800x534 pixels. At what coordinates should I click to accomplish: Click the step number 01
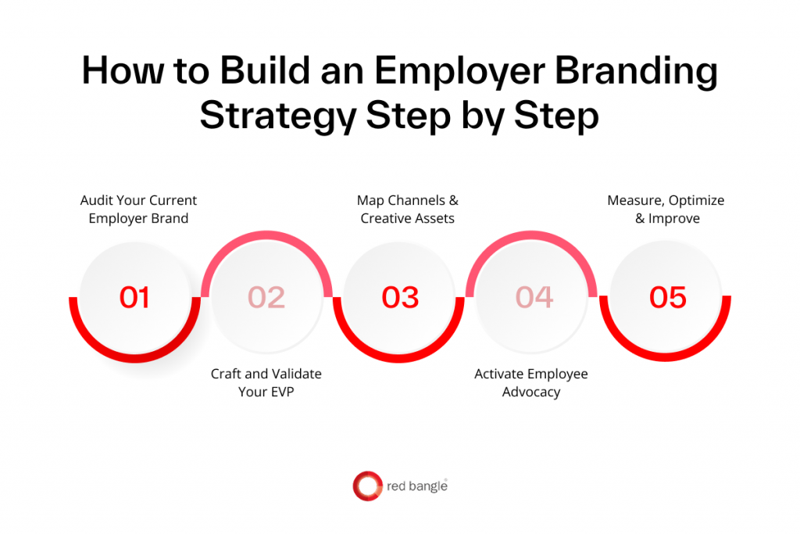coord(134,298)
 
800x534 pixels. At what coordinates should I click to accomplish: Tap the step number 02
coord(266,298)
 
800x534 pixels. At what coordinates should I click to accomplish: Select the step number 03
coord(400,298)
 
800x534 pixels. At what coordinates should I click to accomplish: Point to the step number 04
coord(534,298)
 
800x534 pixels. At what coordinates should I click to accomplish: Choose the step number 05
coord(668,298)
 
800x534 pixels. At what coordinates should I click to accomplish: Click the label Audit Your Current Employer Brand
coord(138,210)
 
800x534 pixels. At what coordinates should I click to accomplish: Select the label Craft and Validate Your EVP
coord(266,383)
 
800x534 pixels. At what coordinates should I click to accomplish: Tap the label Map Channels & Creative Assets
coord(407,210)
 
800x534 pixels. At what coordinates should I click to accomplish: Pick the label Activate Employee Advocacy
coord(531,383)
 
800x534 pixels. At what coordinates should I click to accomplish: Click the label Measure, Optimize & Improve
coord(666,210)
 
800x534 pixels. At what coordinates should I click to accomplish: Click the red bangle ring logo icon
coord(366,486)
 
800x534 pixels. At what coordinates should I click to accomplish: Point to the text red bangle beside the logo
coord(416,487)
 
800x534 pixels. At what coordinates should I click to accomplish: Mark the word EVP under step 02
coord(282,392)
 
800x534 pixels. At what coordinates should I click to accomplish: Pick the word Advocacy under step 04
coord(531,392)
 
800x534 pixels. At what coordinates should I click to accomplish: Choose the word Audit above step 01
coord(97,201)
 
